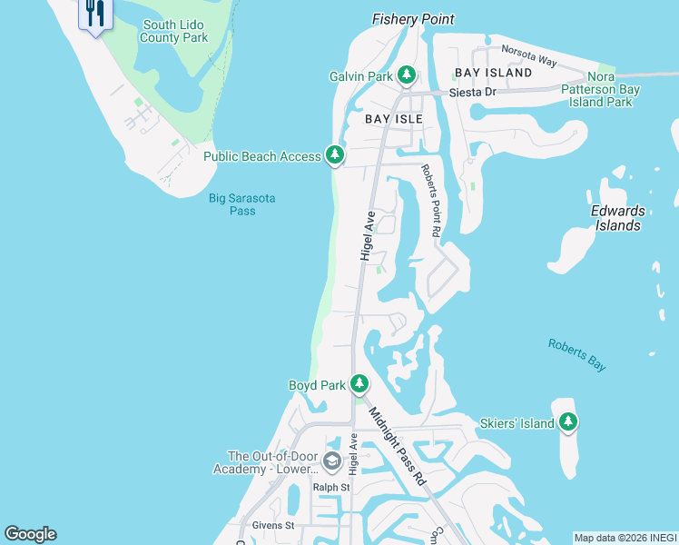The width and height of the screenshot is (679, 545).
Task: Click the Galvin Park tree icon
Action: (x=408, y=75)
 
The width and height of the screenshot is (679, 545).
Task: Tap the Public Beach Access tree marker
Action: (x=335, y=155)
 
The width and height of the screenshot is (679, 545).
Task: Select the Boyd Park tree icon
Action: (x=359, y=384)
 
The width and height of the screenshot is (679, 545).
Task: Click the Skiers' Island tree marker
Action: (x=568, y=421)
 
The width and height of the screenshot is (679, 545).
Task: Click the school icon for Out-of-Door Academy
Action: (x=330, y=462)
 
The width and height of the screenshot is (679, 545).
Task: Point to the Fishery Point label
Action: (x=413, y=19)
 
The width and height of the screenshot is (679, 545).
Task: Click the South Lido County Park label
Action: (x=174, y=31)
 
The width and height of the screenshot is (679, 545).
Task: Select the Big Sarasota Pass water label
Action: (x=242, y=204)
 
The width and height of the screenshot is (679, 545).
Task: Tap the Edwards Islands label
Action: (x=617, y=218)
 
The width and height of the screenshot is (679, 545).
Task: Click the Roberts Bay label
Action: (x=576, y=354)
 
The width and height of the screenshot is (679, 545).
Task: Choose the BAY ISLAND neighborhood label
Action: (x=493, y=72)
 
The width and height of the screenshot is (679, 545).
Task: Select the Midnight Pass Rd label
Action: (x=396, y=445)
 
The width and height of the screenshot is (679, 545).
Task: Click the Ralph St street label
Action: (x=331, y=488)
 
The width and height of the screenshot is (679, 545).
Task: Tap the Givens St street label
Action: (x=273, y=525)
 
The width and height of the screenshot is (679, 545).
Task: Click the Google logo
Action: (x=30, y=534)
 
